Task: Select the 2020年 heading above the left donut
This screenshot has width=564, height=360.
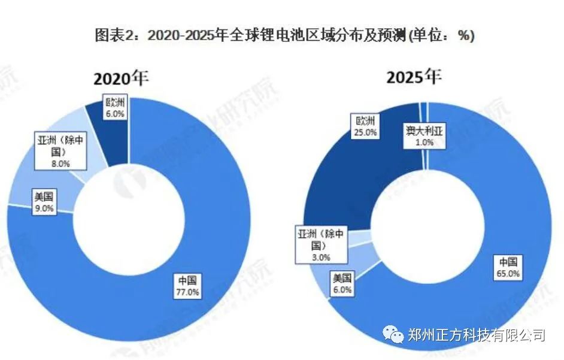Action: (120, 78)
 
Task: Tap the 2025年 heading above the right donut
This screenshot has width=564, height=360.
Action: (414, 77)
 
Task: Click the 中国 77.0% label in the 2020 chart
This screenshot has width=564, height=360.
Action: (187, 286)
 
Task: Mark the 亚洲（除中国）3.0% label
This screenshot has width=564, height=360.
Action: (322, 244)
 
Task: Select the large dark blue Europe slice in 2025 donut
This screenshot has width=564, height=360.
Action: (347, 180)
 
